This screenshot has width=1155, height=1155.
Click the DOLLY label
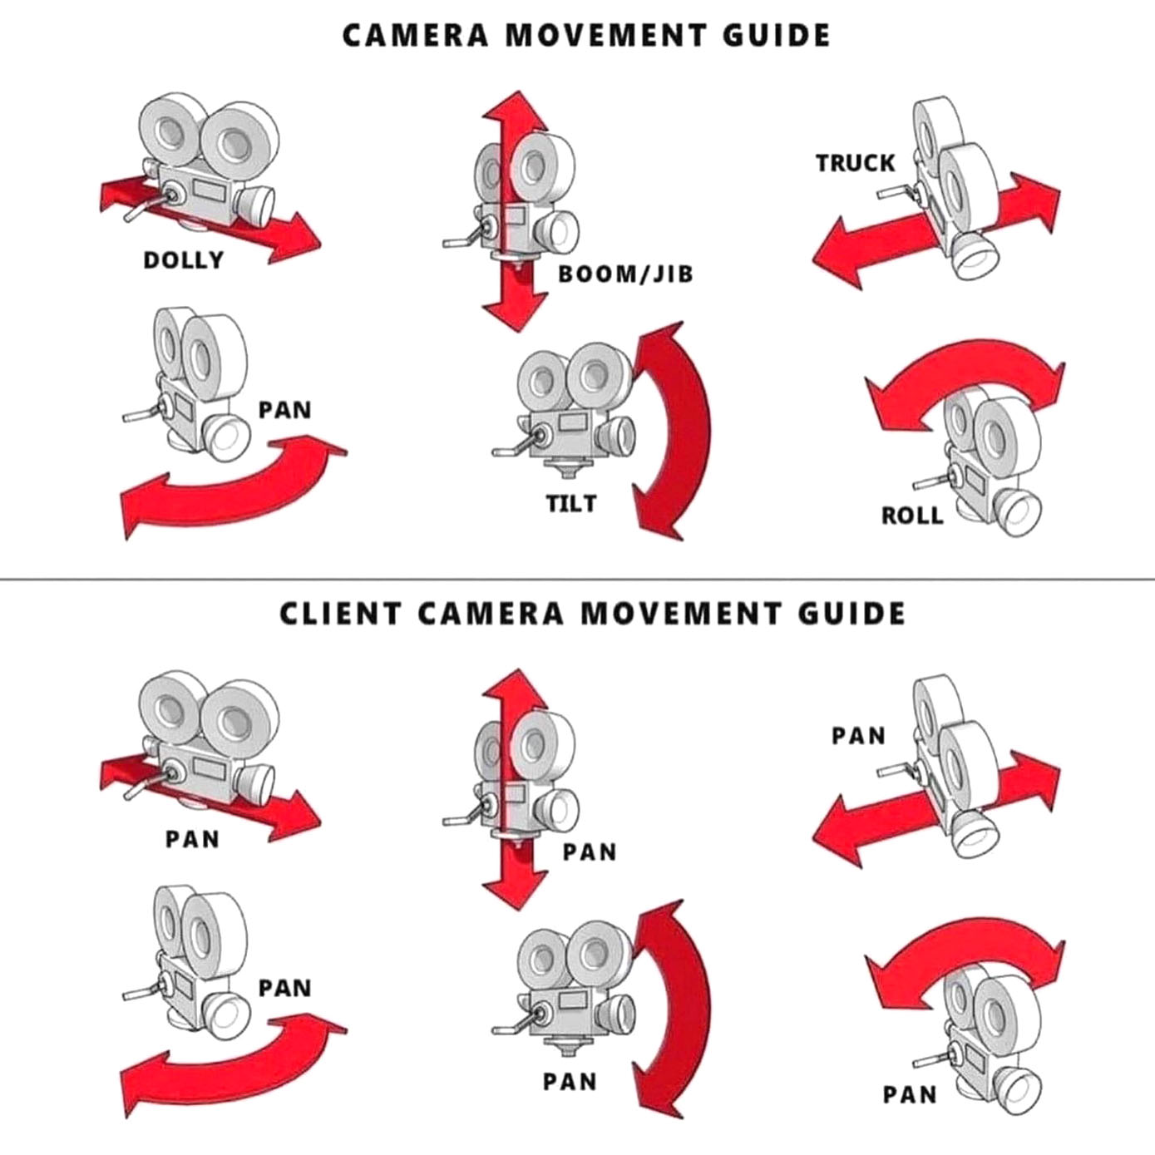coord(184,260)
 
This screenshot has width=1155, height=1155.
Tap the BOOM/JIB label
coord(625,274)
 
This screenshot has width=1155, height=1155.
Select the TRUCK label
coord(855,163)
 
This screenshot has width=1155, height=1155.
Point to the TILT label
coord(571,503)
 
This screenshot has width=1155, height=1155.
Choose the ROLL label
coord(912,516)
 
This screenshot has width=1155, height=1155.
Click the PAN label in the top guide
coord(284,410)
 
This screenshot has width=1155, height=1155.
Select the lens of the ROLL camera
coord(1016,513)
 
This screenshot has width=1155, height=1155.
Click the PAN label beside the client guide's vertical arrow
coord(589,852)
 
